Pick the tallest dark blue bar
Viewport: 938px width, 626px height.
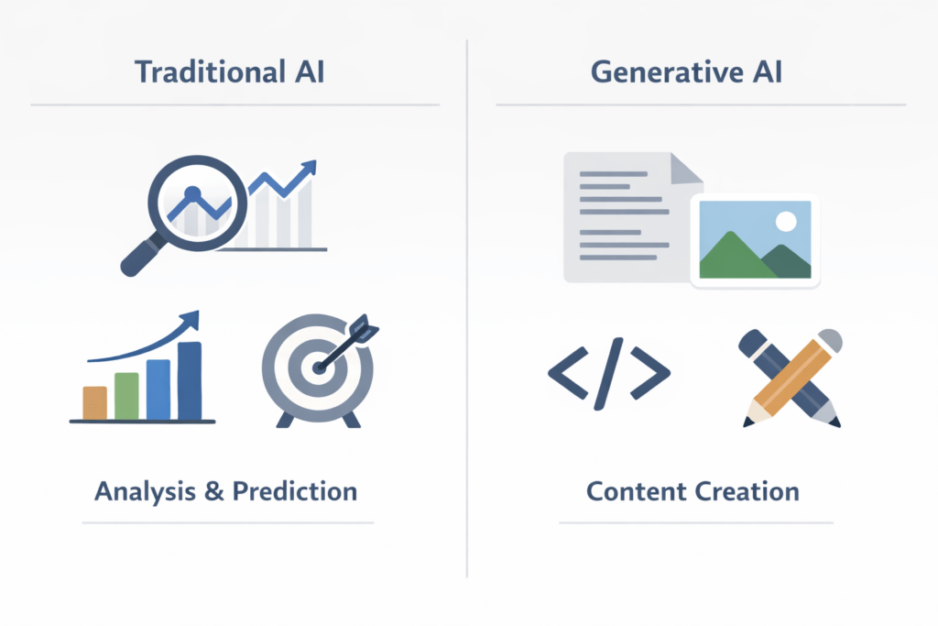(190, 380)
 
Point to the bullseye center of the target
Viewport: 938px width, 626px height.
(319, 368)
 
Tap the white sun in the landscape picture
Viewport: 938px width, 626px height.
(785, 221)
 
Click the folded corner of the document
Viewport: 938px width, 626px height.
(686, 168)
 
